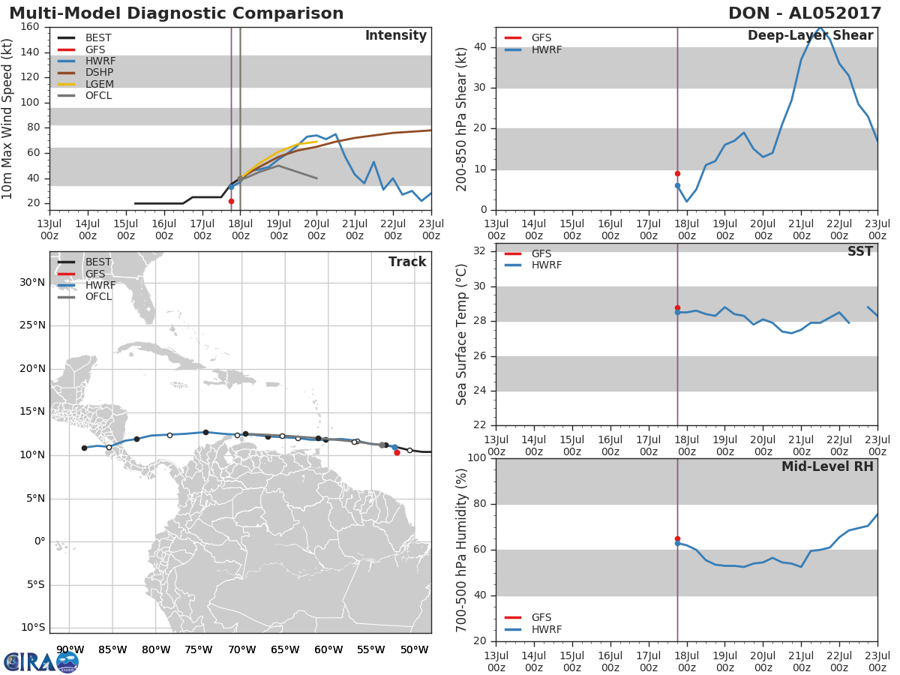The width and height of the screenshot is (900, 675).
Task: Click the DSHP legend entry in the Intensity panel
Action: [85, 73]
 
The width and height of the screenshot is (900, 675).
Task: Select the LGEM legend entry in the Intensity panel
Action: [85, 84]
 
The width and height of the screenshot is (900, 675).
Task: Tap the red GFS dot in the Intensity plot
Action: [231, 201]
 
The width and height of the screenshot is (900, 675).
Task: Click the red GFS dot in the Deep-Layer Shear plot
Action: [677, 174]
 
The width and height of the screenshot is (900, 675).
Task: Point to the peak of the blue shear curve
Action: [820, 28]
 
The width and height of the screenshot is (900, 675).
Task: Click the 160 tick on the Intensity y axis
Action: [30, 27]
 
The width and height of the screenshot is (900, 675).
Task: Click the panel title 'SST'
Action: [859, 251]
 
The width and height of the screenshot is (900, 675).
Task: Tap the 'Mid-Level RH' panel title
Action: [827, 466]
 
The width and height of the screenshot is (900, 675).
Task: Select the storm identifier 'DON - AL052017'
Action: [805, 13]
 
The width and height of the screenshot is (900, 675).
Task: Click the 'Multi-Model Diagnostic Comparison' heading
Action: [176, 13]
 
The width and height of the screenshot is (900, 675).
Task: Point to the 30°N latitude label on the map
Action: [32, 283]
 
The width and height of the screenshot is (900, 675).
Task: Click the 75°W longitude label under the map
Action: [199, 649]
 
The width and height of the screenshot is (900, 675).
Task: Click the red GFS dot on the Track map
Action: [397, 452]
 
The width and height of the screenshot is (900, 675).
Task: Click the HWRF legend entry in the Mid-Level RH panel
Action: [532, 629]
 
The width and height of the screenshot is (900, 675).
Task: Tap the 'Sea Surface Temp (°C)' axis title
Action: [461, 334]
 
